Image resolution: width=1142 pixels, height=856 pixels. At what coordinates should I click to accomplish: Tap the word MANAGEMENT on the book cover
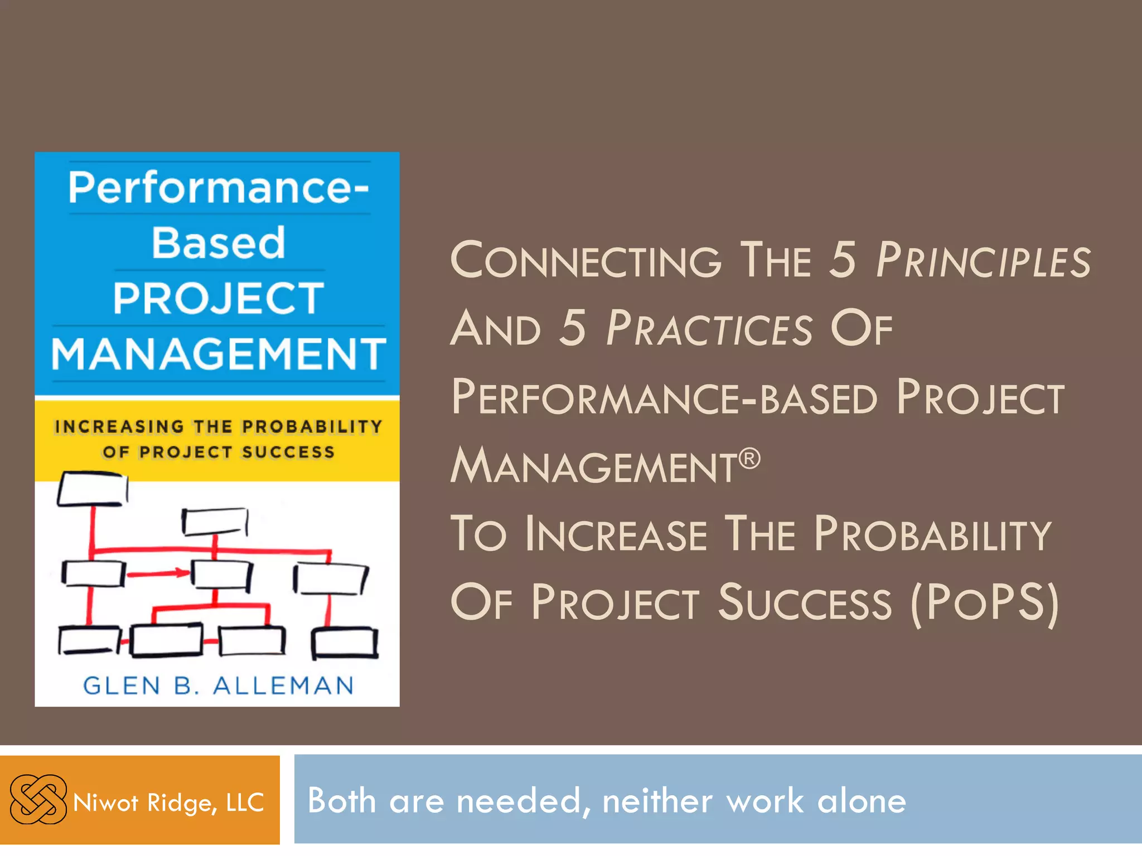(x=218, y=354)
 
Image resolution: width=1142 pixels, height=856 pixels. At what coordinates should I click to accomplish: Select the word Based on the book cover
(x=218, y=243)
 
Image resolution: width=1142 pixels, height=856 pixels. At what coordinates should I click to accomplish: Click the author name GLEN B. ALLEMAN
(x=218, y=685)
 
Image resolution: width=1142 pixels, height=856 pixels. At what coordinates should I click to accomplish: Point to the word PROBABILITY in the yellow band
(x=312, y=427)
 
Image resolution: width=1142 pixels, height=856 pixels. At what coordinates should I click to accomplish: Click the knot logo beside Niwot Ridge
(x=38, y=799)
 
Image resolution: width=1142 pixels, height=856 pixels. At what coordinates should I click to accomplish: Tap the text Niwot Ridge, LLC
(x=168, y=802)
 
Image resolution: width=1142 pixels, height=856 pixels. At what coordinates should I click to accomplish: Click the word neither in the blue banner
(x=657, y=801)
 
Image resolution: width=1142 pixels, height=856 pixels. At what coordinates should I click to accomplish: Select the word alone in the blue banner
(x=862, y=801)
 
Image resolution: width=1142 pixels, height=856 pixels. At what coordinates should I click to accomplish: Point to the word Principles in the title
(x=983, y=260)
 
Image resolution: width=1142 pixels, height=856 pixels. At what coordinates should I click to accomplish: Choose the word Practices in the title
(x=709, y=329)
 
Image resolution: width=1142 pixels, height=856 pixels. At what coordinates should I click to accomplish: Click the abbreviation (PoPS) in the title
(x=984, y=602)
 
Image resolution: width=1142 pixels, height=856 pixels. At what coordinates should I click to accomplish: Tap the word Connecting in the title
(x=585, y=260)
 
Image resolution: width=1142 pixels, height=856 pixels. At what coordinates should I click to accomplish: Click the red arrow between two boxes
(x=158, y=573)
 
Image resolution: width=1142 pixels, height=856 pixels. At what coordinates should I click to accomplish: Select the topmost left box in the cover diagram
(x=92, y=489)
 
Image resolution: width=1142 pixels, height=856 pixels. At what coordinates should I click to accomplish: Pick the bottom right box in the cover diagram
(x=345, y=643)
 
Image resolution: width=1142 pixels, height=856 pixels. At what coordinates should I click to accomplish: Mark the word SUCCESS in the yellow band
(x=288, y=452)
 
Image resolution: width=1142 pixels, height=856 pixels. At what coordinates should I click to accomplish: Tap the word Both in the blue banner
(x=341, y=801)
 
